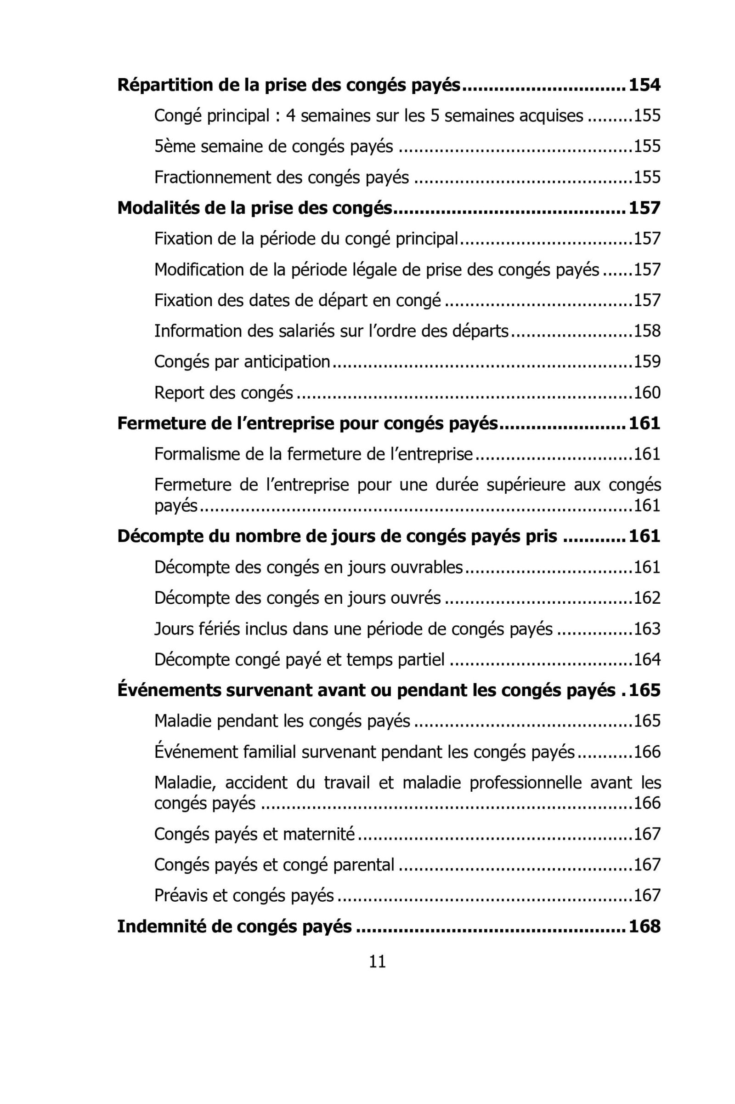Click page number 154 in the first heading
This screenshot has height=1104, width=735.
tap(644, 86)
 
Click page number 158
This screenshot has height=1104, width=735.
tap(647, 331)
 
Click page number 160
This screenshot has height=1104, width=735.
tap(647, 393)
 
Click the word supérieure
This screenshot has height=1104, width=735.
tap(526, 485)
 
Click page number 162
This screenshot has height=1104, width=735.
tap(647, 598)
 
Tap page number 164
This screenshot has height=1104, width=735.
tap(647, 660)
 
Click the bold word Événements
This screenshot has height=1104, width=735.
tap(169, 690)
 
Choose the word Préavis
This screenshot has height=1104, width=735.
tap(181, 896)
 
